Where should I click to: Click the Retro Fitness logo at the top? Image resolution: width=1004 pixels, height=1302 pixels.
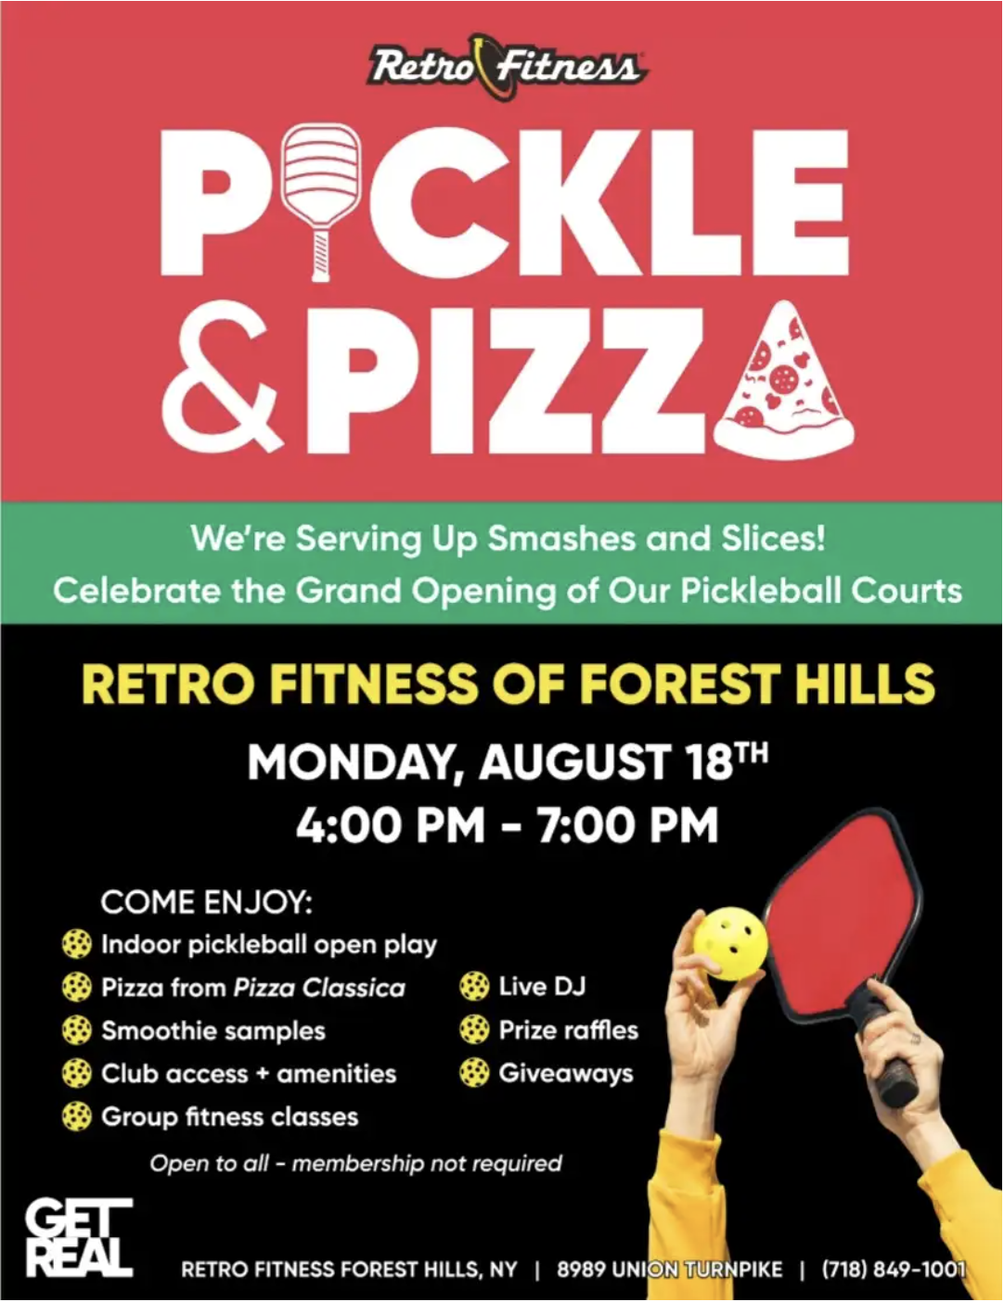(507, 67)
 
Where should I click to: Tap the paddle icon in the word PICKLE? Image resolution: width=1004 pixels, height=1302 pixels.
(322, 200)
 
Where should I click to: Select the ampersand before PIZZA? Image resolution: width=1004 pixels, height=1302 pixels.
(221, 383)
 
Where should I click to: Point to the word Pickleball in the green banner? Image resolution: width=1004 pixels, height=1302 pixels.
(761, 592)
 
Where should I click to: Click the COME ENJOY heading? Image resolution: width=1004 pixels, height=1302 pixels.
(206, 901)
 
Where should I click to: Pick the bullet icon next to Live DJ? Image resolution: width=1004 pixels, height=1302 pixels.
(474, 986)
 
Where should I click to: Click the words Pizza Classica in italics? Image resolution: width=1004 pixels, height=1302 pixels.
(319, 988)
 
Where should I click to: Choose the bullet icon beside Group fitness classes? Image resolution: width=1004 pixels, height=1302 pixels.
(77, 1117)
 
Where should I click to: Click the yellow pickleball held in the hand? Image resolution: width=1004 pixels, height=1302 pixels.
(730, 944)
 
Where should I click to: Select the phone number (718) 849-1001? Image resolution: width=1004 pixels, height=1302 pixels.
(894, 1269)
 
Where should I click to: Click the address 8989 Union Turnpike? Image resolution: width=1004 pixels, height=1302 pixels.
(669, 1269)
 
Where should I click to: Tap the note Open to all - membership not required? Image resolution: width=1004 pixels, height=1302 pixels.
(355, 1163)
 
